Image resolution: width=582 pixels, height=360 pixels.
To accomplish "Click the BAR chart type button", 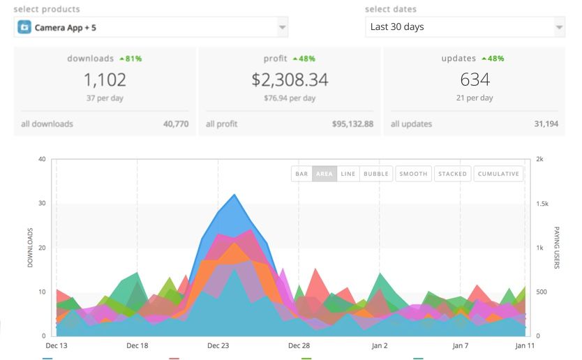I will click(301, 174).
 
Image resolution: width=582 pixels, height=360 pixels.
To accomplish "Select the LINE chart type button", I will click(348, 174).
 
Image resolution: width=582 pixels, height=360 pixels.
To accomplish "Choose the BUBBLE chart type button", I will click(376, 174).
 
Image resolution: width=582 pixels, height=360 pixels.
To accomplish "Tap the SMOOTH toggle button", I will click(413, 174).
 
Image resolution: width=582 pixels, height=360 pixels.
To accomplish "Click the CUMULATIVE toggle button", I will click(498, 174).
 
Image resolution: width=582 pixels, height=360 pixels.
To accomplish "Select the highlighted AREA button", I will click(324, 174).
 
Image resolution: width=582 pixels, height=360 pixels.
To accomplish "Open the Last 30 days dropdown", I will click(465, 27).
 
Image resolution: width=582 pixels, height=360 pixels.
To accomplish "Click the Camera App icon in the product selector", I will click(25, 27).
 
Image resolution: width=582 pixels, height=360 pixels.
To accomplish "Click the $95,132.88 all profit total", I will click(352, 124).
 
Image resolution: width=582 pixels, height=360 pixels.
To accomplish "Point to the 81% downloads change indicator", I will click(130, 59).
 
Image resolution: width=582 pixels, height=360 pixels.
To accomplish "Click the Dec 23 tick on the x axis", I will click(218, 345).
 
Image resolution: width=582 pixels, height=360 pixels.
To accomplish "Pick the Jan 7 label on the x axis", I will click(460, 345).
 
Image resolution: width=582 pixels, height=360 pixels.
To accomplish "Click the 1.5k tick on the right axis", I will click(542, 204).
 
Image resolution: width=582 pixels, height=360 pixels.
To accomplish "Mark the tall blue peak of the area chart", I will click(234, 195).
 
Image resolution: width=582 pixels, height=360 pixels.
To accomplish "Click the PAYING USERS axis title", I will click(557, 248).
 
